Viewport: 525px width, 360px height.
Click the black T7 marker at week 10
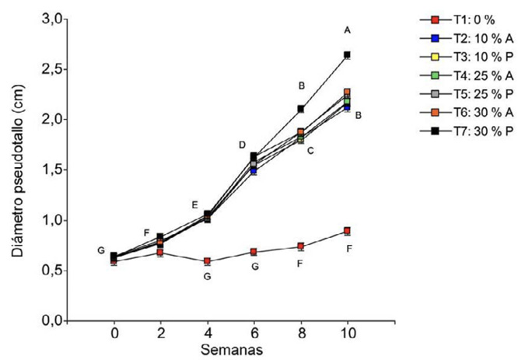coord(347,54)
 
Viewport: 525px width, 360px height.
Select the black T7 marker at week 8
coord(300,109)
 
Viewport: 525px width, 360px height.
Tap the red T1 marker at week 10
coord(347,231)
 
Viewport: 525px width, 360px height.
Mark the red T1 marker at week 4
coord(208,261)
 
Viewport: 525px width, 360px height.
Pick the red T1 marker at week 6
coord(254,252)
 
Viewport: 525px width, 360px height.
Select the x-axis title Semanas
coord(230,350)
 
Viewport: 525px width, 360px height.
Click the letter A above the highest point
coord(347,30)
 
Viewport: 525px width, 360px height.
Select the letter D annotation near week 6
coord(242,145)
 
